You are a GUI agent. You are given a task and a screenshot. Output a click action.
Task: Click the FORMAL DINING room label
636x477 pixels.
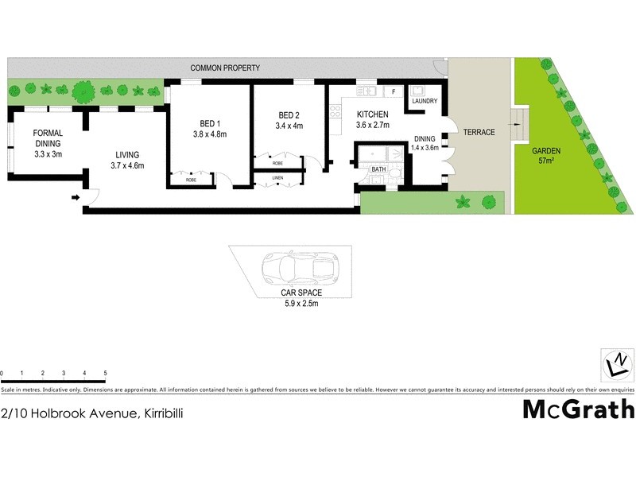click(x=48, y=138)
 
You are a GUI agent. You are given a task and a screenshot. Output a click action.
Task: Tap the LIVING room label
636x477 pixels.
click(x=127, y=154)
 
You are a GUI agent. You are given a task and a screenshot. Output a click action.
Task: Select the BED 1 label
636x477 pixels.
click(x=209, y=123)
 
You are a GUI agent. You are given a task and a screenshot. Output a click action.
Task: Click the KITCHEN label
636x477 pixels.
click(x=372, y=114)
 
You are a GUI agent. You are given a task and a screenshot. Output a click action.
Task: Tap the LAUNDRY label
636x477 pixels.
click(x=424, y=101)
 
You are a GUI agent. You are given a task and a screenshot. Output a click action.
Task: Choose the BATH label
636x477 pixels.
click(x=378, y=169)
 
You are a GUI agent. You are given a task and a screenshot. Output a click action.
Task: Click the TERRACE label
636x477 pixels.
click(x=479, y=132)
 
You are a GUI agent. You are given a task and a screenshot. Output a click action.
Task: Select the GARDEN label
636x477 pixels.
click(x=547, y=150)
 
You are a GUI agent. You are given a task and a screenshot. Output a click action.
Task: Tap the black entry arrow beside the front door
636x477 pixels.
click(x=76, y=198)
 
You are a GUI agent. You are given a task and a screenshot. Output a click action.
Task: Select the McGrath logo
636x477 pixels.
click(x=578, y=409)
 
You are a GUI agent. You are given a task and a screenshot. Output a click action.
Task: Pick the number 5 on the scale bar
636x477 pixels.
click(x=105, y=373)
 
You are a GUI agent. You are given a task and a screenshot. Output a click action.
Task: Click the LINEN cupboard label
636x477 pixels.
click(x=277, y=177)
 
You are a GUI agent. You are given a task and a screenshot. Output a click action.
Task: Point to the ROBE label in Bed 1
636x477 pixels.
click(x=192, y=180)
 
